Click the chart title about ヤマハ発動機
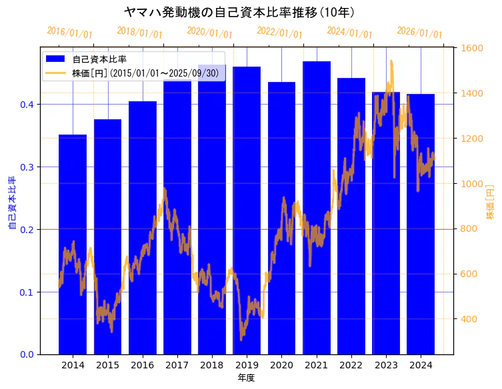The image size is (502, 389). click(239, 12)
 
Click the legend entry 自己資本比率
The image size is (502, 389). click(99, 59)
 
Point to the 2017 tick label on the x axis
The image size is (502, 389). click(177, 365)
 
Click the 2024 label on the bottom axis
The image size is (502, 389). click(421, 365)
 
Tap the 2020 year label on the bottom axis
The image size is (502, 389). click(281, 365)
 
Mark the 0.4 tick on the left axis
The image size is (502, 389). click(27, 105)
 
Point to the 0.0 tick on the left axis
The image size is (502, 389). click(27, 354)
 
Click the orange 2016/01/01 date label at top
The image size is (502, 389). click(70, 33)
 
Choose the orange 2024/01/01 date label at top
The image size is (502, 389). click(350, 33)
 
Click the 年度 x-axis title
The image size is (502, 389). click(247, 378)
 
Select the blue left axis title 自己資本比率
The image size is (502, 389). click(11, 203)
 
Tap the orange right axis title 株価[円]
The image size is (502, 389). click(490, 203)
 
